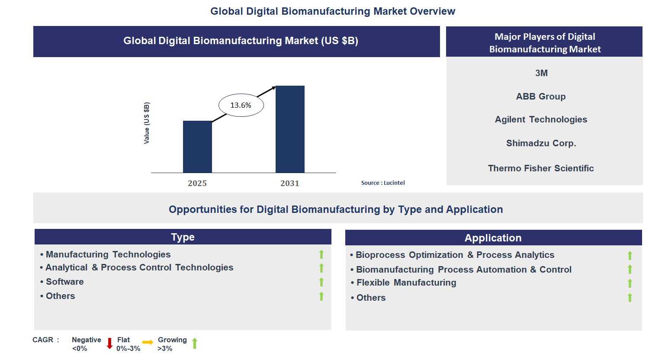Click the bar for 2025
pyautogui.click(x=197, y=147)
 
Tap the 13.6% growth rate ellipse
pyautogui.click(x=241, y=105)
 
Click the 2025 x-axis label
pyautogui.click(x=197, y=183)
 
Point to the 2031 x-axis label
pyautogui.click(x=290, y=183)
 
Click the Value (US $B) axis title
pyautogui.click(x=147, y=123)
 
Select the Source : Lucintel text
pyautogui.click(x=383, y=183)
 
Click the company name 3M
pyautogui.click(x=541, y=73)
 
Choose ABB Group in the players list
pyautogui.click(x=541, y=96)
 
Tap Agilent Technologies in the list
pyautogui.click(x=541, y=119)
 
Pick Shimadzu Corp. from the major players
pyautogui.click(x=541, y=143)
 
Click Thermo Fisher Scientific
pyautogui.click(x=541, y=168)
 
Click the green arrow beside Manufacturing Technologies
pyautogui.click(x=321, y=254)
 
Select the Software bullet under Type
pyautogui.click(x=64, y=282)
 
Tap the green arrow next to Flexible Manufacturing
pyautogui.click(x=630, y=283)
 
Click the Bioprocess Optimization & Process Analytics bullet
pyautogui.click(x=455, y=255)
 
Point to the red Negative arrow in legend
pyautogui.click(x=109, y=344)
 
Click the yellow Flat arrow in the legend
pyautogui.click(x=148, y=342)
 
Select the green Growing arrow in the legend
pyautogui.click(x=195, y=343)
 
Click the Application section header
pyautogui.click(x=493, y=238)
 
